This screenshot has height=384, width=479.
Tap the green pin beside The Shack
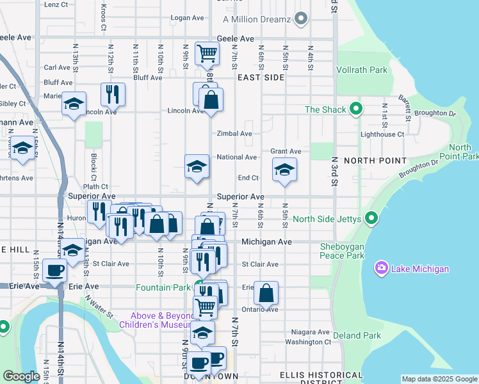[x=357, y=109]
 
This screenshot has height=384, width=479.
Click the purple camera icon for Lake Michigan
[x=382, y=269]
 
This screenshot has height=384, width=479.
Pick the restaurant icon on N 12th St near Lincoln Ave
[x=113, y=93]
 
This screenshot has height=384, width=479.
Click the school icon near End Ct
[x=284, y=170]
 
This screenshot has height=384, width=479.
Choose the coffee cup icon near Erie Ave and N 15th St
[x=55, y=271]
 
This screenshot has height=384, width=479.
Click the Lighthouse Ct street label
[x=382, y=134]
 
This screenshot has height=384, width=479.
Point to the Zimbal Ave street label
[x=234, y=134]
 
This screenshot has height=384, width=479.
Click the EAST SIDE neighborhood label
[x=260, y=77]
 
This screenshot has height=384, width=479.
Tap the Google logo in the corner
[x=21, y=376]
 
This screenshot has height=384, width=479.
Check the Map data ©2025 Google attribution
[x=439, y=379]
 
